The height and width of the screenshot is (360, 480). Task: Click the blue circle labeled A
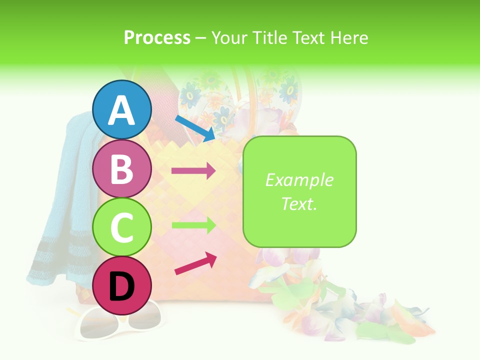[122, 109]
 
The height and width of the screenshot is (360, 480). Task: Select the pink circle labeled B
[122, 169]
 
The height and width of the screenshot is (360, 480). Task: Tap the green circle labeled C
[122, 227]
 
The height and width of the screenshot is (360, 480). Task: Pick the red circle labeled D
[122, 286]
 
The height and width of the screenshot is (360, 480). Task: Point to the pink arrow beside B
[193, 171]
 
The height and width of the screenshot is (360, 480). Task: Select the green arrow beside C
[193, 225]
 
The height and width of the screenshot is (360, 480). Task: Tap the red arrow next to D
[195, 264]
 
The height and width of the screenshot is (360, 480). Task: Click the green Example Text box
[299, 191]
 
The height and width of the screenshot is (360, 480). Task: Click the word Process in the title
[157, 38]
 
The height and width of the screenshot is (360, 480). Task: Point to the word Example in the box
[299, 180]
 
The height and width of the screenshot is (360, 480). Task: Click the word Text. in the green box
[299, 203]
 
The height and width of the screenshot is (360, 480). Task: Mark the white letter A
[122, 110]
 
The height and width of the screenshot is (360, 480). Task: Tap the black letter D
[122, 287]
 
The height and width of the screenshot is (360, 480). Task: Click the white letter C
[122, 228]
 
